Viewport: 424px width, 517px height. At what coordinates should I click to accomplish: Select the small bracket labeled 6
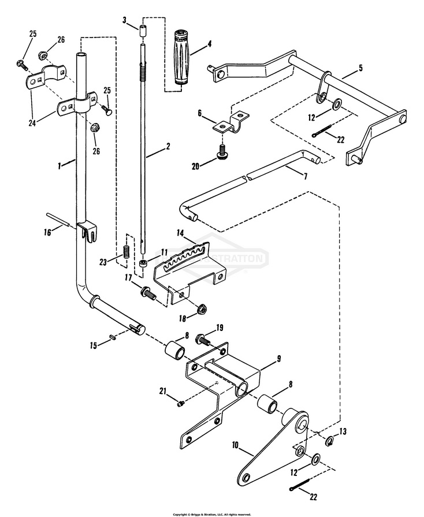pyautogui.click(x=228, y=125)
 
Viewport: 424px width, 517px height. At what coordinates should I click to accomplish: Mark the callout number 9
pyautogui.click(x=278, y=359)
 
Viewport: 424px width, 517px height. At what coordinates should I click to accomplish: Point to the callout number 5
pyautogui.click(x=360, y=68)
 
